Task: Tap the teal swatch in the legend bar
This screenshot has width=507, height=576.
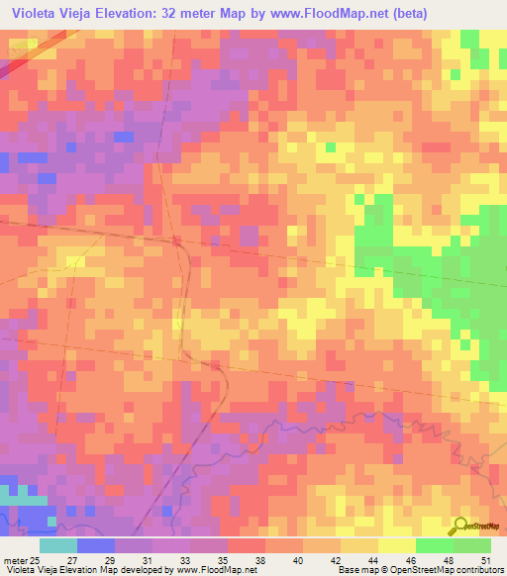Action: [x=58, y=545]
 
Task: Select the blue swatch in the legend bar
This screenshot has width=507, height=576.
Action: [x=96, y=545]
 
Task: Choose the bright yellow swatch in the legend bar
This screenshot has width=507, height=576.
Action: [x=396, y=545]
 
